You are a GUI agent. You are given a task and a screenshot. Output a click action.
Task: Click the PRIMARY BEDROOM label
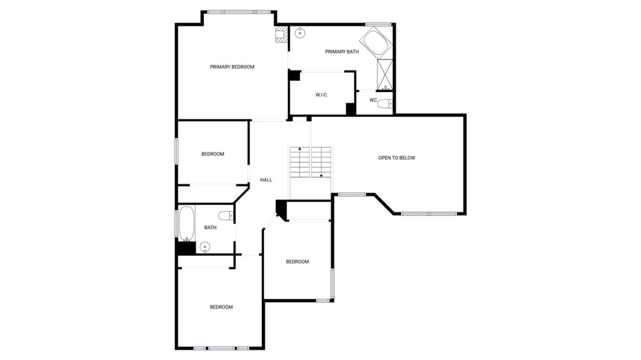click(x=232, y=67)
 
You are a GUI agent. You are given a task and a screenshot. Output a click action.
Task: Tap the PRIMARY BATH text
click(x=342, y=51)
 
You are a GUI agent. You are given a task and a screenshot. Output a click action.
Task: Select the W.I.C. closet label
click(x=322, y=95)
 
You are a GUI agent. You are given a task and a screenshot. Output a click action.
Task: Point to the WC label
click(x=373, y=100)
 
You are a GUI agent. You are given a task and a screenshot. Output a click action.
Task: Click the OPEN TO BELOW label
click(x=396, y=158)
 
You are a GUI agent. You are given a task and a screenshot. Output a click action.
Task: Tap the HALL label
click(x=266, y=180)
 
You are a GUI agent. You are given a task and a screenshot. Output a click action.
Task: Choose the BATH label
click(x=210, y=227)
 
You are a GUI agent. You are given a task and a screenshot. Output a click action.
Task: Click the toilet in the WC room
click(x=385, y=104)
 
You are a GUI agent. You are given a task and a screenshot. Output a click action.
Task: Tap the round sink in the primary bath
click(x=300, y=33)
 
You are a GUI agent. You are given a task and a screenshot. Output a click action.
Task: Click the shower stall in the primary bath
click(x=385, y=75)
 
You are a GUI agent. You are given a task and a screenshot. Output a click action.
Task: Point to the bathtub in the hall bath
click(x=187, y=224)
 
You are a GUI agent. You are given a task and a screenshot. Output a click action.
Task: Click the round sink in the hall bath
click(x=205, y=247)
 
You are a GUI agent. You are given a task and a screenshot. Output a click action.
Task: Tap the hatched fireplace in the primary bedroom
click(x=281, y=34)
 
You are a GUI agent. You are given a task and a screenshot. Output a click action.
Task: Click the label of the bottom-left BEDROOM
click(x=221, y=307)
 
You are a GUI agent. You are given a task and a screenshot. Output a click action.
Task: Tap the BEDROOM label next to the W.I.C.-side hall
click(x=213, y=154)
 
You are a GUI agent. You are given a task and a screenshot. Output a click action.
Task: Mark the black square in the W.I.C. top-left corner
click(x=294, y=76)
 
